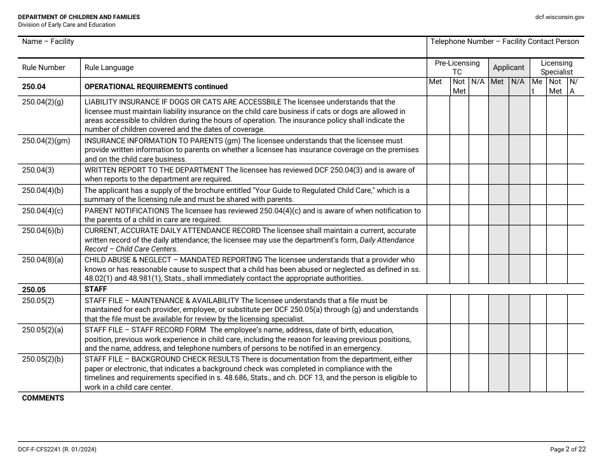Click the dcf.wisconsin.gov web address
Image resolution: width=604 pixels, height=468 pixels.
click(559, 17)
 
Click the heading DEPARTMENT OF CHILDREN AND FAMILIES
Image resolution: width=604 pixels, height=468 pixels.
click(79, 17)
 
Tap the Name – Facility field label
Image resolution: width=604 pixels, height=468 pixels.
click(48, 41)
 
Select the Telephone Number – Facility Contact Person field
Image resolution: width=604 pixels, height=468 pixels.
click(504, 41)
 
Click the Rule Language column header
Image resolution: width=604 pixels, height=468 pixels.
click(109, 67)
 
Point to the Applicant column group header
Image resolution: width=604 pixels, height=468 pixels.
click(509, 67)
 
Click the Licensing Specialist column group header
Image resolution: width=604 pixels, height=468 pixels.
click(556, 67)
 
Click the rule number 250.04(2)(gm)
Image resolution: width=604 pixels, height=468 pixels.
click(45, 141)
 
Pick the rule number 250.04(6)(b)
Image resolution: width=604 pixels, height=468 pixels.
click(43, 230)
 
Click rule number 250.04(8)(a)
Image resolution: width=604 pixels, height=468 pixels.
click(43, 260)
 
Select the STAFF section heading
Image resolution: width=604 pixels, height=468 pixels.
click(95, 289)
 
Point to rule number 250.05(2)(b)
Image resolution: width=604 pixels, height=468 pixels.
click(43, 359)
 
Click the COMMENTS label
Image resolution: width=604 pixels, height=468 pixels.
click(43, 398)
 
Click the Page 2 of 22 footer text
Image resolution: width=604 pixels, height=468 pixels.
click(568, 450)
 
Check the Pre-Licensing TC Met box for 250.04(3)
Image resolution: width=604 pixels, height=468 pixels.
click(438, 174)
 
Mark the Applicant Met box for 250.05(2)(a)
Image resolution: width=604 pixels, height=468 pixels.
click(498, 339)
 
